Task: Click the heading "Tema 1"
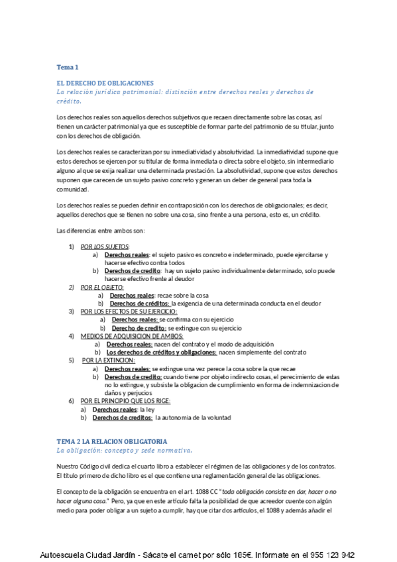pos(68,67)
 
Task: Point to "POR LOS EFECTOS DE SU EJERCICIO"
pos(129,311)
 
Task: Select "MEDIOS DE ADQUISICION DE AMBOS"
pos(131,336)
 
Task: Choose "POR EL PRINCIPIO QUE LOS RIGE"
pos(126,401)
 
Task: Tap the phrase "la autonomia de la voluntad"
pos(194,418)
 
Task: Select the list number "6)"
pos(72,401)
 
